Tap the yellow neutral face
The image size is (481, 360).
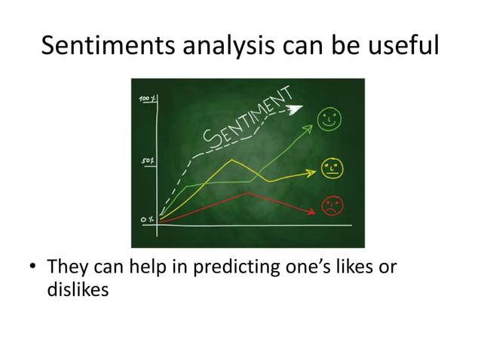point(330,167)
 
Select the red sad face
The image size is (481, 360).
point(332,204)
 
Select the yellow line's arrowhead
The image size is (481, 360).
point(311,173)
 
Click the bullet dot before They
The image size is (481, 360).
point(33,268)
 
